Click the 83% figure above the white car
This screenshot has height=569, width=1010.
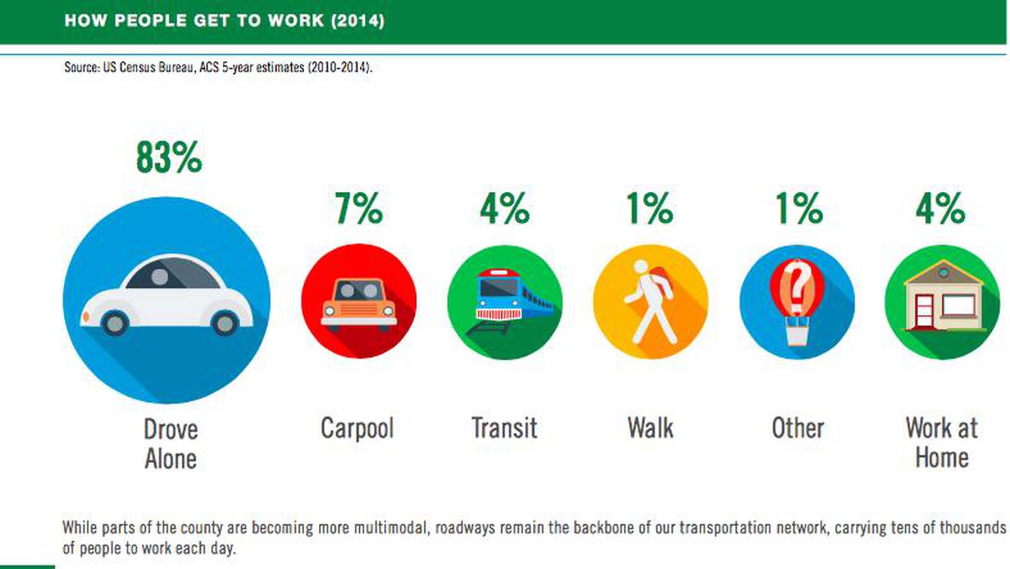169,157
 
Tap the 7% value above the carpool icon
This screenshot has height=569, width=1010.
359,208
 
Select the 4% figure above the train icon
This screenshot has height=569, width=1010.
504,208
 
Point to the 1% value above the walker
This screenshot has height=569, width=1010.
650,208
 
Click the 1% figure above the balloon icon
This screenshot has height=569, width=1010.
799,208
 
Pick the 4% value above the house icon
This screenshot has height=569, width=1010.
941,208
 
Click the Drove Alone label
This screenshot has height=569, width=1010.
170,443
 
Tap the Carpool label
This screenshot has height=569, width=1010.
357,428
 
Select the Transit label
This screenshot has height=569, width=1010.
504,428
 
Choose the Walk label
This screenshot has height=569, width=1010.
650,428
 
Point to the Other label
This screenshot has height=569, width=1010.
798,428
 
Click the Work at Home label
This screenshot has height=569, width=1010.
942,442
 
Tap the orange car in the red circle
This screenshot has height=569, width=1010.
359,303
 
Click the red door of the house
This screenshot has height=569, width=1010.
924,312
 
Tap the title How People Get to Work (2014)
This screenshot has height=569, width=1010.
224,21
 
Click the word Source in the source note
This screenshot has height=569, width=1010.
81,67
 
